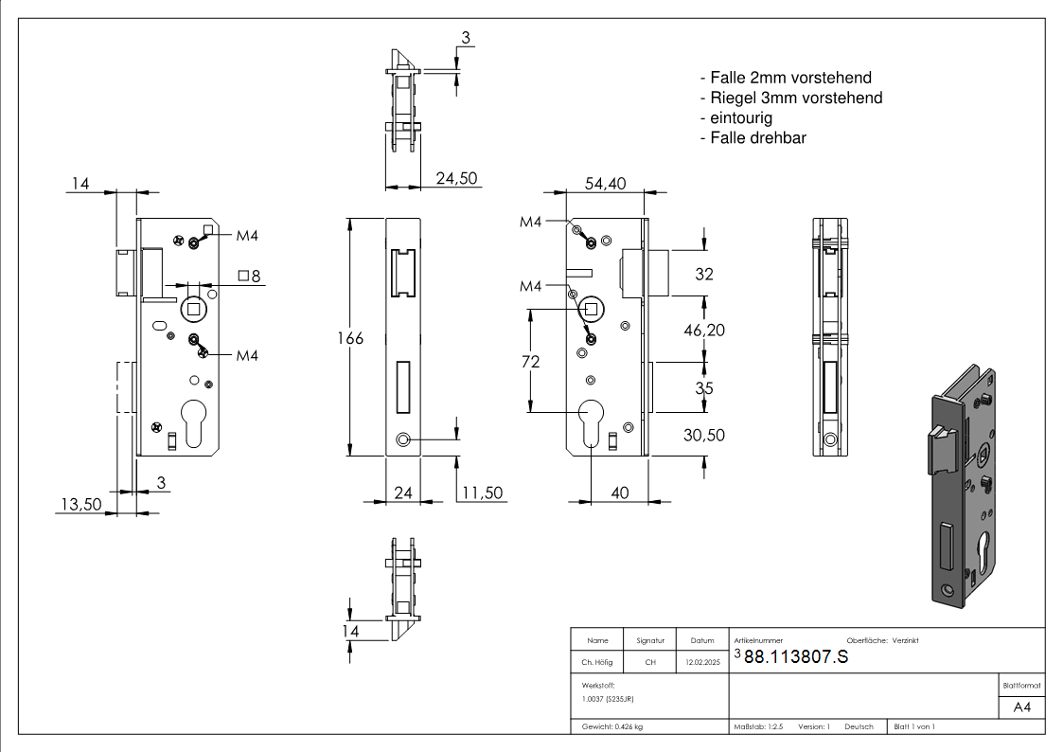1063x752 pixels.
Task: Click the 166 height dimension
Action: point(350,338)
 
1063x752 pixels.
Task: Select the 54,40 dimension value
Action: point(605,185)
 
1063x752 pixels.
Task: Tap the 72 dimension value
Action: point(530,362)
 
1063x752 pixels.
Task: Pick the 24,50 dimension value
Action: point(455,178)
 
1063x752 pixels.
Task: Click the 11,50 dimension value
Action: point(482,492)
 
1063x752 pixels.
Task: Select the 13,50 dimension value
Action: point(80,505)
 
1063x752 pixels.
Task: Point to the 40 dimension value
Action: point(620,492)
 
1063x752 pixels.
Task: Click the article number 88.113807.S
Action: point(796,659)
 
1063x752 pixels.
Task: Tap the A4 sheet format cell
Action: point(1022,707)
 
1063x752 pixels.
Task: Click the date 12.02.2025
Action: point(702,662)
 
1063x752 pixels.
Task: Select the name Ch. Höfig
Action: point(596,662)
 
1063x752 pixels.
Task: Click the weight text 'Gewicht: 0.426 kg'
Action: point(612,726)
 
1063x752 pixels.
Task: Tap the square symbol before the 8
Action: point(243,276)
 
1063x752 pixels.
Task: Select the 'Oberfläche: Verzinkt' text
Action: point(882,640)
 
